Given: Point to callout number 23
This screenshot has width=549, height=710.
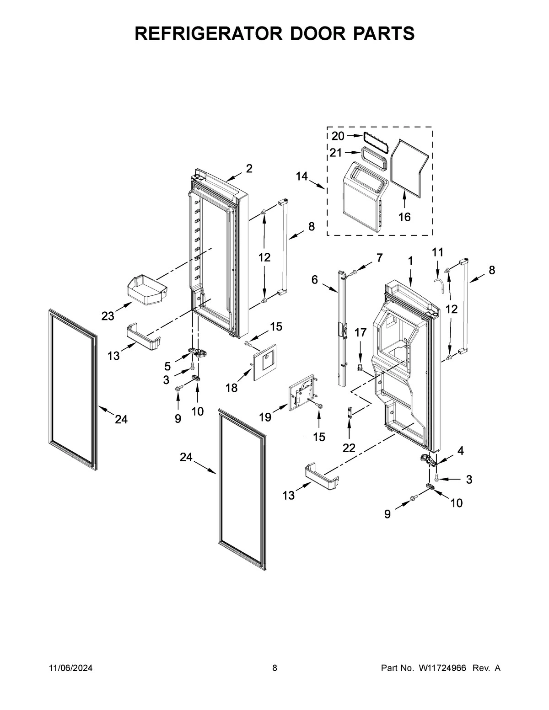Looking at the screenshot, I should pos(108,316).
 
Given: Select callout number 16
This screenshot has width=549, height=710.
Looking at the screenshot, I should pos(404,217).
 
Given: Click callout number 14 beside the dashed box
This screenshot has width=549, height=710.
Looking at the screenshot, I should pos(302,176).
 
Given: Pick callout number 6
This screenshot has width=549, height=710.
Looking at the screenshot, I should pos(315,280).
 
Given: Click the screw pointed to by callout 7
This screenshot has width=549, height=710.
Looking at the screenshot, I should pos(354,273).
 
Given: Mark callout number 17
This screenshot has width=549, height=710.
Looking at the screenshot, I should pos(361,333).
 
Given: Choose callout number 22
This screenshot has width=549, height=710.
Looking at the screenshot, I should pos(349,448).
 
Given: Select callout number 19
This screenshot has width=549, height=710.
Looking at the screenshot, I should pos(265,416).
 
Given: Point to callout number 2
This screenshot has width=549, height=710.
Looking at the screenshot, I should pos(249,169).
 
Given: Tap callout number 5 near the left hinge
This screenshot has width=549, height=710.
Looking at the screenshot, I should pos(167,366).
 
